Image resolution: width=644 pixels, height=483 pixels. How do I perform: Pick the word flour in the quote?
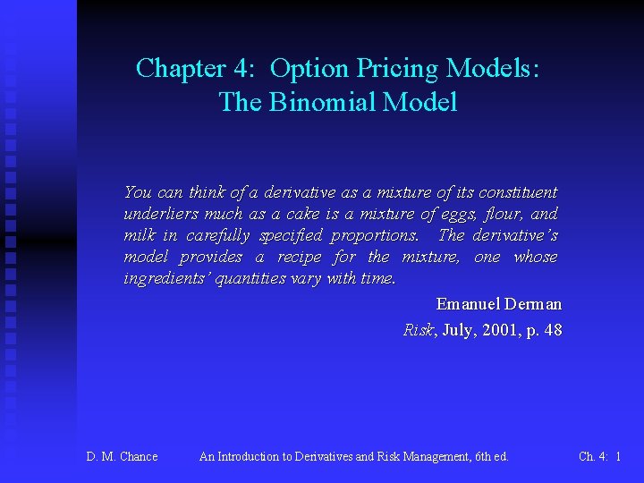pos(504,214)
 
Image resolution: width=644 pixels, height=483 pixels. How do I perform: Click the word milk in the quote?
pos(139,235)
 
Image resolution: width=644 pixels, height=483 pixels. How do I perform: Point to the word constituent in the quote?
pos(518,192)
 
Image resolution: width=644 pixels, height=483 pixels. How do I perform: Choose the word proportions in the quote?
pos(373,235)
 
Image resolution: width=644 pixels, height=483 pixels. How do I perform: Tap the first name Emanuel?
pos(467,305)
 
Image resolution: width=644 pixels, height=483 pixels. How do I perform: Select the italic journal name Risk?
pos(418,330)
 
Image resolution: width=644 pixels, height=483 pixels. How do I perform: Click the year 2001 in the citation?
pos(497,330)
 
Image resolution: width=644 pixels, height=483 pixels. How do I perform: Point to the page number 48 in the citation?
pos(552,330)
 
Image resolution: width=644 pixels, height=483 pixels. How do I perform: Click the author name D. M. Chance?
pos(122,457)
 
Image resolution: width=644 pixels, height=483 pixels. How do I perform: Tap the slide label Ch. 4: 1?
pos(599,457)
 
